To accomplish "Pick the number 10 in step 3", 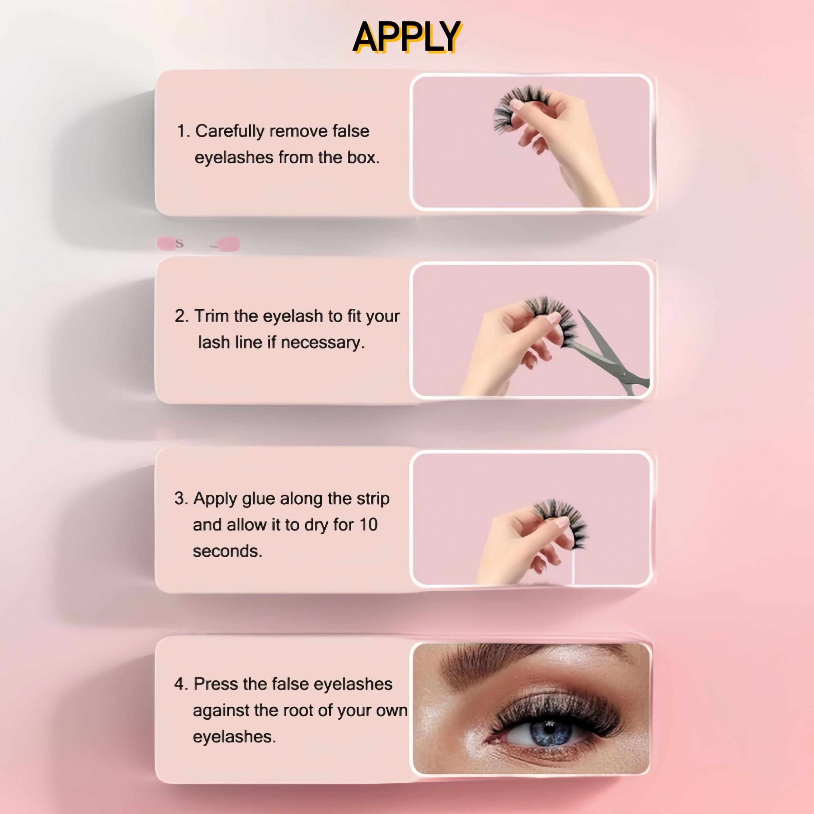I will click(x=368, y=525).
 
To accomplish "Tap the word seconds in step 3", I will click(x=228, y=551).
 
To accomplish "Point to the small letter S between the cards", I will click(x=179, y=244).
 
